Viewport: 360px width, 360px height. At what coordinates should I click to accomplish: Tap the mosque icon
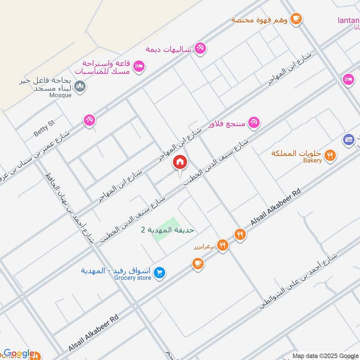tap(80, 85)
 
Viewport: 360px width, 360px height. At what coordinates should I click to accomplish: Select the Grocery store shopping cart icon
tap(159, 272)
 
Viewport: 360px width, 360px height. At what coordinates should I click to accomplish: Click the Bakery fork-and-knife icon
tap(331, 155)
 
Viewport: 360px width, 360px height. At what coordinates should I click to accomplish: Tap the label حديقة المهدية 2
tap(167, 230)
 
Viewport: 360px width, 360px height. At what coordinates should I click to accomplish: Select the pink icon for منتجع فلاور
tap(254, 122)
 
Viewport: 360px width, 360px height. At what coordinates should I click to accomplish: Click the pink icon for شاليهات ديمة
tap(200, 47)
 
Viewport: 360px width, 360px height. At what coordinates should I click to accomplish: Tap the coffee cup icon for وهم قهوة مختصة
tap(296, 18)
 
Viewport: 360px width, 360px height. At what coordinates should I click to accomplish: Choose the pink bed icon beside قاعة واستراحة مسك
tap(139, 66)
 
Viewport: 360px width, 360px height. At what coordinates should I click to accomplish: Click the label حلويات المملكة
tap(297, 153)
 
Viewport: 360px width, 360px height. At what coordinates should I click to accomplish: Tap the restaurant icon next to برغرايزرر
tap(222, 245)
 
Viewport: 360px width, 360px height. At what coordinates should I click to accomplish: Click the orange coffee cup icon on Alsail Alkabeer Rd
tap(198, 264)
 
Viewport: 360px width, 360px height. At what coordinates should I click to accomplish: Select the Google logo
tap(19, 354)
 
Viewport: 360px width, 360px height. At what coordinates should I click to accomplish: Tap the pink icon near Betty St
tap(89, 120)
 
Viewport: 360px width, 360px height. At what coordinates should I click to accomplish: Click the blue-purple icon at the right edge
tap(348, 139)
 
